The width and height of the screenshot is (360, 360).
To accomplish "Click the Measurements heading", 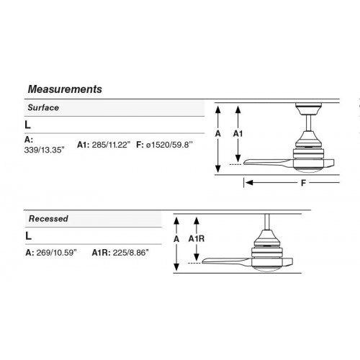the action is [65, 89].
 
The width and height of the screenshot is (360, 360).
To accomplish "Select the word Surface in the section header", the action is [43, 107].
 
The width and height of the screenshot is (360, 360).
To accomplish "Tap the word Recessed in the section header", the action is [48, 219].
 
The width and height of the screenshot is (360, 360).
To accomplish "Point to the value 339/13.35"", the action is [45, 150].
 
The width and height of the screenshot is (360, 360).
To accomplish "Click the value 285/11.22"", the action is [111, 145].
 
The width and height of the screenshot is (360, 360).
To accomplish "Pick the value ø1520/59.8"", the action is [169, 145].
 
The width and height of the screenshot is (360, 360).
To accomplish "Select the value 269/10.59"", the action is [57, 253].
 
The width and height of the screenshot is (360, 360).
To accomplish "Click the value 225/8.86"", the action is [131, 253].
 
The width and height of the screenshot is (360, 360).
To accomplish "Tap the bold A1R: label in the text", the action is [101, 253].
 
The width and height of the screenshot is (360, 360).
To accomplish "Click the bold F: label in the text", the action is [140, 145].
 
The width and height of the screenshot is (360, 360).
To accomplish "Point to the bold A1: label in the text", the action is [83, 145].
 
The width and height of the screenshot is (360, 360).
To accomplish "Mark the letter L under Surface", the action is [28, 125].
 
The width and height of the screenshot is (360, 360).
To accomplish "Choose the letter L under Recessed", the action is [28, 236].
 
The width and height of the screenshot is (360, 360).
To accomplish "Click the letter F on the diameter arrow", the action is [303, 183].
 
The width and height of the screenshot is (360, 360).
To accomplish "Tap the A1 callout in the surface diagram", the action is [238, 134].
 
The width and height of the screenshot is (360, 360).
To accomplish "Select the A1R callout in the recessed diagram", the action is [197, 239].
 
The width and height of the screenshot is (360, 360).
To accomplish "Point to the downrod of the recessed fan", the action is [266, 222].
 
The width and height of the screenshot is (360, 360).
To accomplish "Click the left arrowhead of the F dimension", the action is [249, 183].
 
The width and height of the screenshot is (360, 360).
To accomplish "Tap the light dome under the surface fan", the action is [307, 169].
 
